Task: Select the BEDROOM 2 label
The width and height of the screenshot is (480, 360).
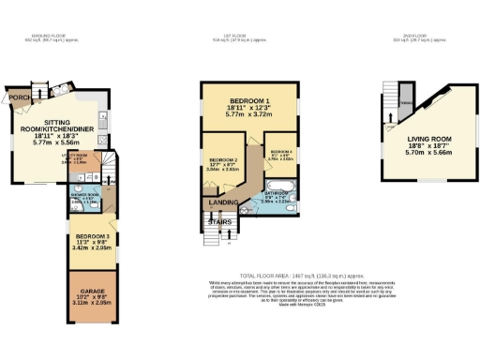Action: (x=223, y=159)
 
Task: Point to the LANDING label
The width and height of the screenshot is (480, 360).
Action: (x=221, y=206)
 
